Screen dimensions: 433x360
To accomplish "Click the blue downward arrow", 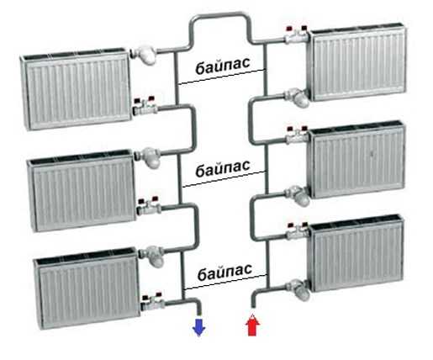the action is (198, 327).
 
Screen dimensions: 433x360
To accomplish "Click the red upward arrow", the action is (252, 325).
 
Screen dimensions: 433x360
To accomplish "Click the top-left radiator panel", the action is (76, 88).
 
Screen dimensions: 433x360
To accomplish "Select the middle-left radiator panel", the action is (82, 191).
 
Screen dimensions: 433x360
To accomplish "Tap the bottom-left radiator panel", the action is (87, 289).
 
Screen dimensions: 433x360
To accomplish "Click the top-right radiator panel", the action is (356, 62).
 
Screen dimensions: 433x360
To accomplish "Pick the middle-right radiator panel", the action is (356, 160).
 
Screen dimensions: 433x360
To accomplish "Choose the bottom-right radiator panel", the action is (356, 254).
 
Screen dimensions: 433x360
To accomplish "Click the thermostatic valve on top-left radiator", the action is (144, 55).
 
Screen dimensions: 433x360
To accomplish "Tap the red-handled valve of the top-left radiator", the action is (145, 106).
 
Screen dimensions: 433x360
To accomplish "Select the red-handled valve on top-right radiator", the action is (297, 35).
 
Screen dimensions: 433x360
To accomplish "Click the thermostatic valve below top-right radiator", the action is (297, 98).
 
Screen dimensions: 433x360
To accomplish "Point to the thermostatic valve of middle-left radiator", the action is (148, 157).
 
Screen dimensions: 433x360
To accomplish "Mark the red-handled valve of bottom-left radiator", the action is (153, 301).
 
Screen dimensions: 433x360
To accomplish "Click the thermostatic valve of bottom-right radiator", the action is (298, 289).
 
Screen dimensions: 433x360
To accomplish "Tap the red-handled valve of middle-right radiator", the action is (297, 135).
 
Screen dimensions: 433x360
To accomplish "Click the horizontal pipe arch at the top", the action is (219, 15).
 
